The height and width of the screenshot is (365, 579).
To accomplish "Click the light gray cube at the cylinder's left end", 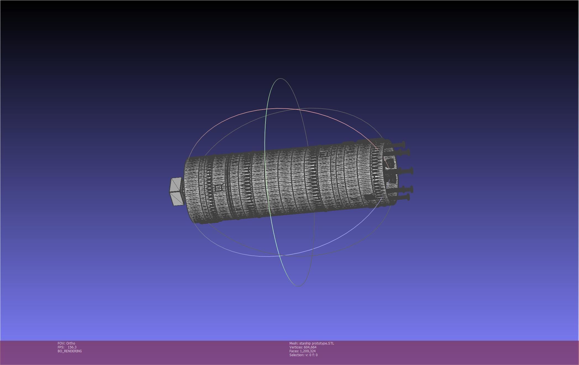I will [177, 192].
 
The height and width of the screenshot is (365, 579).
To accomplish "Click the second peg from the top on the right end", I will [403, 152].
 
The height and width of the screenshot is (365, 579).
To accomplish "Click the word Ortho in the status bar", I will [71, 343].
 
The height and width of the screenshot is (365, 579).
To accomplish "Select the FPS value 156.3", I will [72, 347].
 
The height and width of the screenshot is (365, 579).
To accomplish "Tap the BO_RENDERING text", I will [70, 351].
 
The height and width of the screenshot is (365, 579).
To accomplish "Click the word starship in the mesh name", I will [305, 343].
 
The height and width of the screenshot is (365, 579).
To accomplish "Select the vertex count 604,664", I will [310, 347].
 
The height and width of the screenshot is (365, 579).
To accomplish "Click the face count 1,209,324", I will [308, 351].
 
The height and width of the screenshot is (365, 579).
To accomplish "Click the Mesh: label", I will [294, 343].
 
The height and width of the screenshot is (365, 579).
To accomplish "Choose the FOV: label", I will [61, 343].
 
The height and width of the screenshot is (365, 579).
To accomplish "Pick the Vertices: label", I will [296, 347].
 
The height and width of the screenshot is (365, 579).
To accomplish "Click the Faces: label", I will [294, 351].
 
